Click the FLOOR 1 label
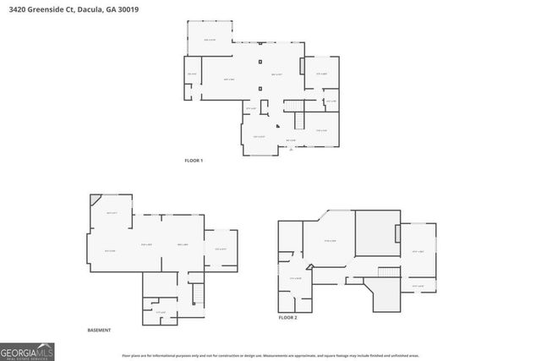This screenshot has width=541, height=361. click(194, 161)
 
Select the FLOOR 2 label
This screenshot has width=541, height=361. click(288, 317)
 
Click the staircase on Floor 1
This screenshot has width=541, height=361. click(293, 104)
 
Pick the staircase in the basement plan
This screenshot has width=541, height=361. click(199, 295)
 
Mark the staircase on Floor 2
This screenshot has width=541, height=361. click(386, 279)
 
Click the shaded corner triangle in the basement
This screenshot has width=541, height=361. click(95, 200)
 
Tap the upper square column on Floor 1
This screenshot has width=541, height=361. click(260, 63)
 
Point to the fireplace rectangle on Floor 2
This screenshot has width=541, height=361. click(396, 232)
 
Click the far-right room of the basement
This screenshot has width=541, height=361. click(221, 249)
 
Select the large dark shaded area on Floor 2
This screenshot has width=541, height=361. click(375, 233)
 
